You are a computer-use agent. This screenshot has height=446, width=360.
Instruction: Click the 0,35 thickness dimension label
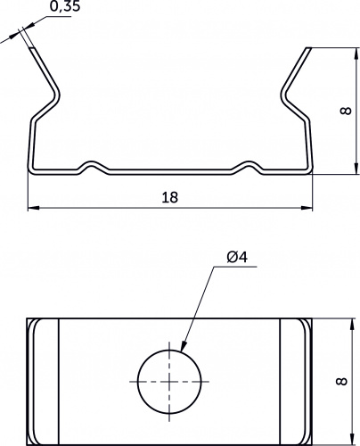[65, 6]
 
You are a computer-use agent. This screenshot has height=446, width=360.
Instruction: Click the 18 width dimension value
[170, 197]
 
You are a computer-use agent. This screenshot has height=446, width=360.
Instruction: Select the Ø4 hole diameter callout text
[237, 257]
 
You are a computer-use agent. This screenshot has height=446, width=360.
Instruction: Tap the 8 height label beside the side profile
[346, 111]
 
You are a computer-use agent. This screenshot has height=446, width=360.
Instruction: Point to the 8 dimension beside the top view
[342, 382]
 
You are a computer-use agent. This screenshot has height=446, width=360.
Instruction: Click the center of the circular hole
[169, 382]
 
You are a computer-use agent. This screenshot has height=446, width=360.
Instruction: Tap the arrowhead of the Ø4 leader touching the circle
[184, 346]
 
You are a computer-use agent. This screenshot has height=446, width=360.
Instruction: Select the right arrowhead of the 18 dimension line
[307, 208]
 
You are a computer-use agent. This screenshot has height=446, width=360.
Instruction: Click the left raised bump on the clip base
[93, 164]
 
